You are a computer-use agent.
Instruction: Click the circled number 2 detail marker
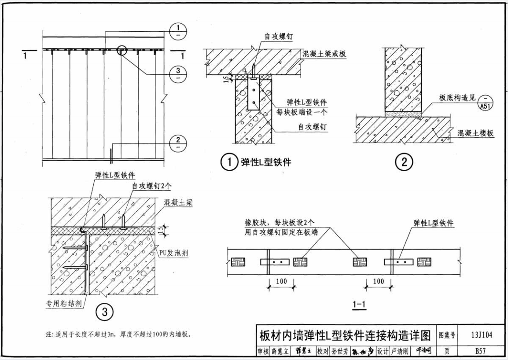tap(404, 162)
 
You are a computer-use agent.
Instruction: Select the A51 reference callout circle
tap(486, 102)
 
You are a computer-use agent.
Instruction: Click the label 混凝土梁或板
tap(324, 53)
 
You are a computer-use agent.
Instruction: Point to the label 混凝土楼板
tap(475, 132)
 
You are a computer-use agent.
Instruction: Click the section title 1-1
tap(359, 304)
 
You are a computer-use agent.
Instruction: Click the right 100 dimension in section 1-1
tap(378, 281)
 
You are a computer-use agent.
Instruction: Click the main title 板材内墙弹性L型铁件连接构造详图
tap(345, 336)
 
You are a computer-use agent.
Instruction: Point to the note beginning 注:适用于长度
tap(119, 335)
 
